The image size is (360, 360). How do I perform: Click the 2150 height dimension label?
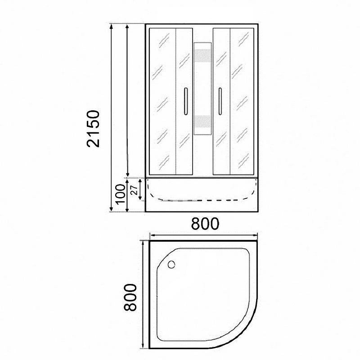pos(93,129)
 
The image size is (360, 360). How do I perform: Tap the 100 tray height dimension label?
pos(120,194)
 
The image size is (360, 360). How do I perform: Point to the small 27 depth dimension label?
pos(134,190)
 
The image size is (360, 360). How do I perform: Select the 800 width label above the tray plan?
pos(205,224)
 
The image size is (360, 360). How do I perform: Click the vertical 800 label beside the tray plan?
pos(130,297)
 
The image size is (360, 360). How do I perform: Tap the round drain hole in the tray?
pos(171,265)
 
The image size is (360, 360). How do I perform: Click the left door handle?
pos(186,101)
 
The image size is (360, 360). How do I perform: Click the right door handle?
pos(220,101)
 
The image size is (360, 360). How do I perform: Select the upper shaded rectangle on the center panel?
pos(202,56)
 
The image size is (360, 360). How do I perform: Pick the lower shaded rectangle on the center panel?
pos(202,121)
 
